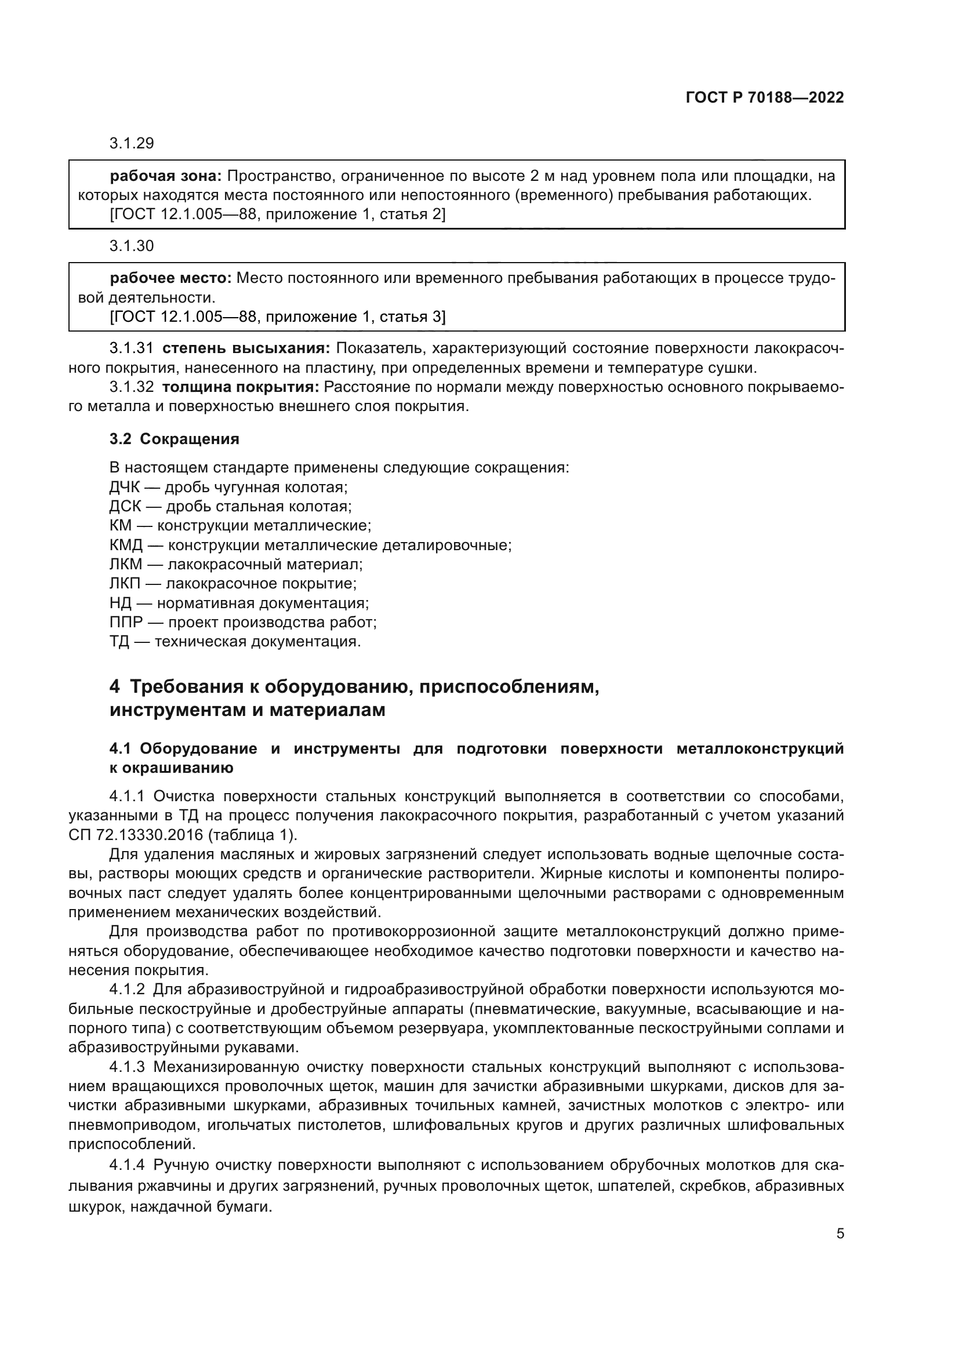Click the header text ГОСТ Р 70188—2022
pos(765,98)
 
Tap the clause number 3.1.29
pos(131,144)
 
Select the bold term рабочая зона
pos(165,176)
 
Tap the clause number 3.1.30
pos(131,246)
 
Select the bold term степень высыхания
pos(246,348)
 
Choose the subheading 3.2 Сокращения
pos(174,439)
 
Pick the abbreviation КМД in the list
pos(126,545)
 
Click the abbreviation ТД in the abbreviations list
pos(119,641)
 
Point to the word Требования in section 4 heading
pos(188,687)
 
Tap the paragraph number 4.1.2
pos(127,989)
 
